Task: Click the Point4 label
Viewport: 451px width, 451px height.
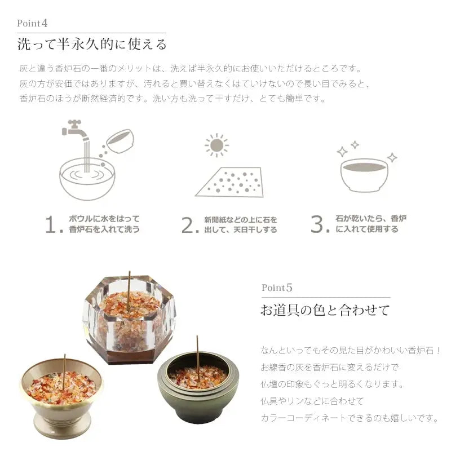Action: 32,23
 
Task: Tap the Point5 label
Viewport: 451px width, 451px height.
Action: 277,288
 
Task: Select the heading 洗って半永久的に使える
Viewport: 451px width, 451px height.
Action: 92,45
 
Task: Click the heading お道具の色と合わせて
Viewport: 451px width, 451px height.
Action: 325,310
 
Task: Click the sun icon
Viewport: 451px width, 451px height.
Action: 216,145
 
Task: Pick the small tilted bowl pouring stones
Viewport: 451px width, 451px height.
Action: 120,140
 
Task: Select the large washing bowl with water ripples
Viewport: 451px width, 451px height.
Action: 87,178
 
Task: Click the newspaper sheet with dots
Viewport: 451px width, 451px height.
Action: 229,182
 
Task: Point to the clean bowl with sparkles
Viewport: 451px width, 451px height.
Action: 365,174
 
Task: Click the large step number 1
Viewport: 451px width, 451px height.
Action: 54,224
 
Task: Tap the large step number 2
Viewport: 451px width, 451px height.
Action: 189,225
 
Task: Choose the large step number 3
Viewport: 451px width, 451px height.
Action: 320,224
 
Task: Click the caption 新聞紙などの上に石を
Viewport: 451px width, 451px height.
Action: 241,220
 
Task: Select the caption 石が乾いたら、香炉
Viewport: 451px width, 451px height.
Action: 371,219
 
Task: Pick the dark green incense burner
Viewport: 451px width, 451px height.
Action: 198,387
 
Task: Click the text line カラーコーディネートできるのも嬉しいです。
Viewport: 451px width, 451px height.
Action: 350,417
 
